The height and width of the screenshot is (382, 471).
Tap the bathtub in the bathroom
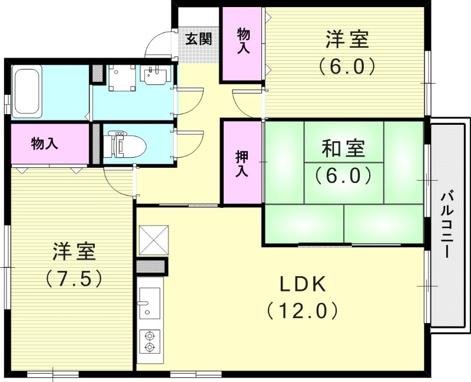[x=26, y=91]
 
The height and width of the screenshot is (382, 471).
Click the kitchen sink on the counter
[x=149, y=301]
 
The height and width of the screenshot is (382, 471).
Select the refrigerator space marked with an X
[x=153, y=240]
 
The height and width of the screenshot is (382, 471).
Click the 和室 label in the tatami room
[x=343, y=149]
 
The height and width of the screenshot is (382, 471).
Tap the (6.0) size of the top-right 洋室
[x=347, y=66]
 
